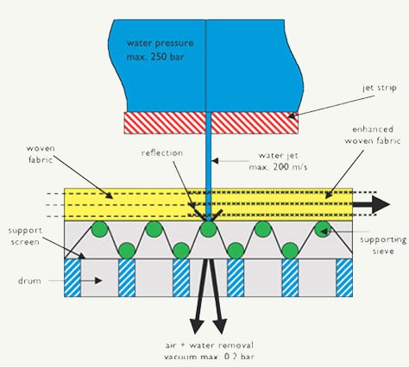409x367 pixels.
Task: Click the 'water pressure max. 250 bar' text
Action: coord(160,50)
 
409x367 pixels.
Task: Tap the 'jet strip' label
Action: coord(380,88)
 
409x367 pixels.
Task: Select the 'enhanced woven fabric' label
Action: coord(373,135)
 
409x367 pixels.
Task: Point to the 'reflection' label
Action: coord(162,152)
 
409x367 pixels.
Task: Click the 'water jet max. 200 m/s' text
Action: coord(278,161)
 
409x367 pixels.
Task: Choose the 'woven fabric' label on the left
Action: coord(41,154)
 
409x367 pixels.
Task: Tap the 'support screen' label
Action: coord(25,236)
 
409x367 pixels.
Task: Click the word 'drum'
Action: coord(29,281)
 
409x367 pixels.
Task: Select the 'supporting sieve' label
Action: coord(383,245)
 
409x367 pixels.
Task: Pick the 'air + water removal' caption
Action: coord(210,345)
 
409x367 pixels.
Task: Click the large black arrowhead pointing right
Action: coord(381,204)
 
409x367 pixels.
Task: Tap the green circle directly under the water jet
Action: coord(208,229)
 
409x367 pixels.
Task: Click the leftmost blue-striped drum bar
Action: coord(72,277)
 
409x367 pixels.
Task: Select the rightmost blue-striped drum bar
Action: coord(344,277)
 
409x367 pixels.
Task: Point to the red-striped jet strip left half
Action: coord(165,122)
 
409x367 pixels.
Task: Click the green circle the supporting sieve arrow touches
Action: coord(323,229)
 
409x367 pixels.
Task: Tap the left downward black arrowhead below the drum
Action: coord(197,327)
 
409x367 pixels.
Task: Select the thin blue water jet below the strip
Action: coord(209,166)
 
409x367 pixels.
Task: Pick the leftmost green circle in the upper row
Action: coord(99,229)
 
